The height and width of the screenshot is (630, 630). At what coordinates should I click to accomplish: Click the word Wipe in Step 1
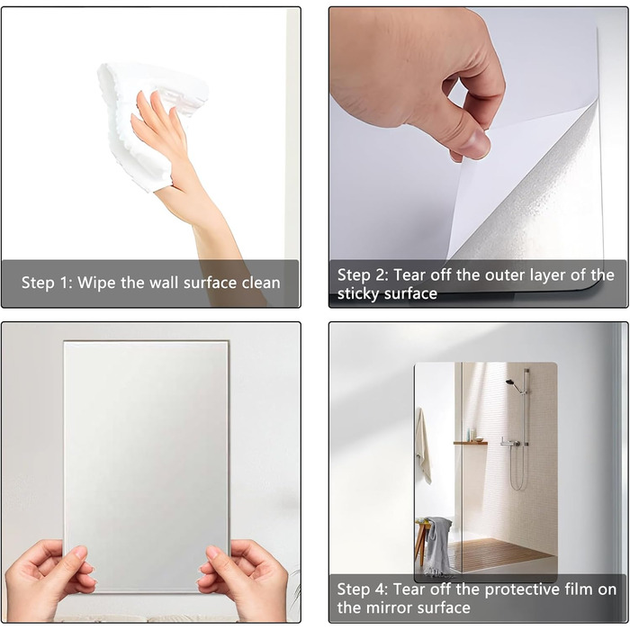tap(96, 283)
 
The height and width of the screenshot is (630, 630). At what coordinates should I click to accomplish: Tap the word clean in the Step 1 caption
tap(261, 283)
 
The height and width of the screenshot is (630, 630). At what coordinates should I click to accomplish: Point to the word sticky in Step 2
tap(357, 293)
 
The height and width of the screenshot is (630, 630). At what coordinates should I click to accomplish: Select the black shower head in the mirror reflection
tap(510, 382)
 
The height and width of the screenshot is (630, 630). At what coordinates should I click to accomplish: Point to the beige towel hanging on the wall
tap(423, 444)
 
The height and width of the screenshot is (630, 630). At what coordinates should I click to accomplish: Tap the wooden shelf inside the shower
tap(471, 443)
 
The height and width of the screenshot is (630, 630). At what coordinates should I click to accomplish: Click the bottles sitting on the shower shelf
tap(472, 435)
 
